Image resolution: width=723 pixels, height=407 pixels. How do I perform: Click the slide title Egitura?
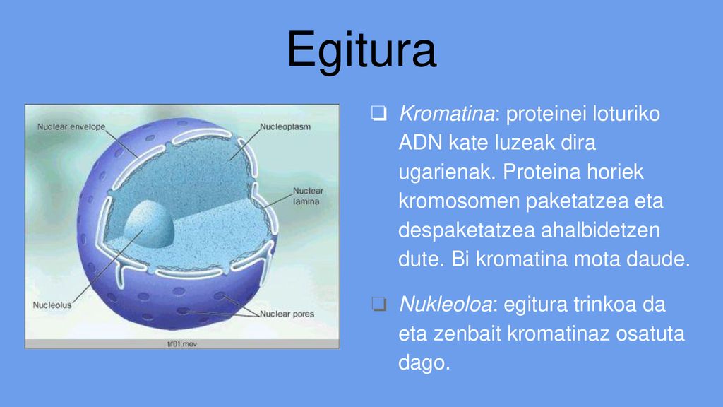click(x=361, y=50)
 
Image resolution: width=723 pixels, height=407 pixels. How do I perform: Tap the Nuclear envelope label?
click(x=71, y=126)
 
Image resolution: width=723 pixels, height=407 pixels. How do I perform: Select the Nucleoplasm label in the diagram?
click(x=285, y=126)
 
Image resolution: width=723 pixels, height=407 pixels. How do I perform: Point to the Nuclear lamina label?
click(x=308, y=196)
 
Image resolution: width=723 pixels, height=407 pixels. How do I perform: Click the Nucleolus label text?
click(x=52, y=305)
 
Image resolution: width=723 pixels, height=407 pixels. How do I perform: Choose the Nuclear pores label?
click(x=287, y=314)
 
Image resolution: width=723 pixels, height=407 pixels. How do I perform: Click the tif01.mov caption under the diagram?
click(x=181, y=344)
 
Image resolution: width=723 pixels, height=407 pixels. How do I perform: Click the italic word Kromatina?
click(x=446, y=114)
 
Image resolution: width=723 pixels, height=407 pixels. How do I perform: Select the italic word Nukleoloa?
click(x=446, y=305)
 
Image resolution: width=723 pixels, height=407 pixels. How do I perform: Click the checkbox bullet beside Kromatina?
click(x=379, y=113)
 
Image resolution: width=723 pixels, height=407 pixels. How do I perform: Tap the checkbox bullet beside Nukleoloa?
click(x=379, y=304)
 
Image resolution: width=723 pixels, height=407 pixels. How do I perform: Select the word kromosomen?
click(x=459, y=201)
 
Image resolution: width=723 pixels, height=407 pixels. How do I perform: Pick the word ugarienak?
click(x=446, y=172)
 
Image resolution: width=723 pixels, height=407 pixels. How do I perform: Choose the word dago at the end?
click(x=424, y=362)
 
